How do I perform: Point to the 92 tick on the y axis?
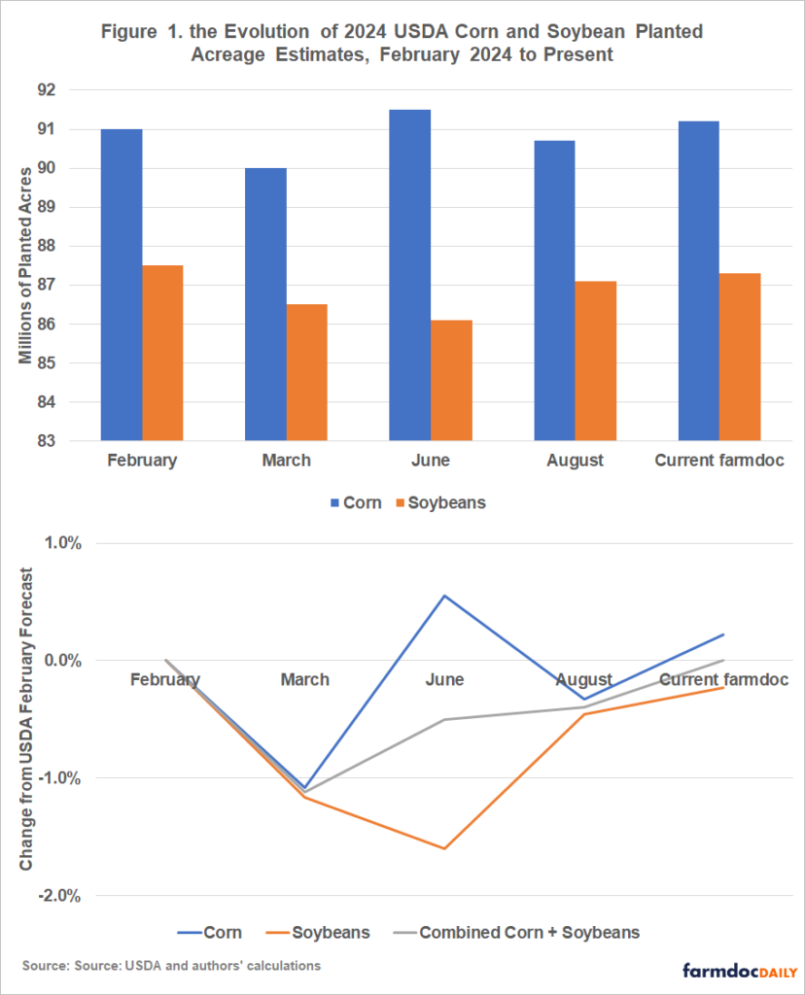[x=75, y=90]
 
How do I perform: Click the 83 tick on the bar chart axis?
[x=75, y=441]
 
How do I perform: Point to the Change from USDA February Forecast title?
[x=26, y=719]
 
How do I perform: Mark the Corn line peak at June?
[x=444, y=596]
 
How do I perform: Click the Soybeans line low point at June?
[x=444, y=848]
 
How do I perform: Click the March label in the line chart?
[x=305, y=680]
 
